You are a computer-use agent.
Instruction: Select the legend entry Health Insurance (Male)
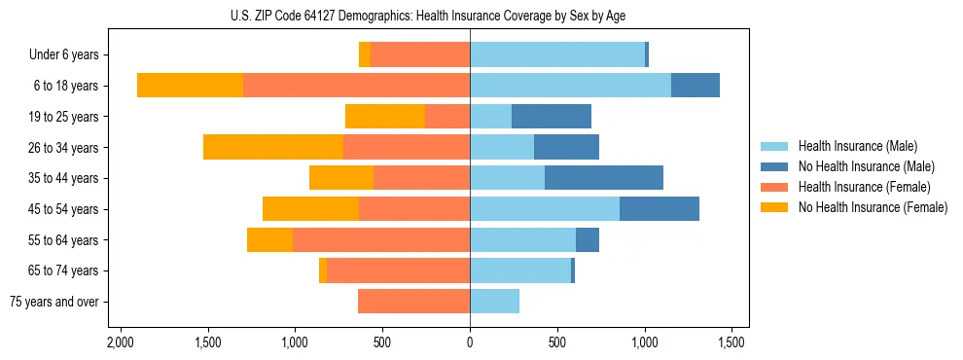pos(856,146)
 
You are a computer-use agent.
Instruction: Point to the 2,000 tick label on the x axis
pos(121,342)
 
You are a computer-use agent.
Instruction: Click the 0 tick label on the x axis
pos(470,342)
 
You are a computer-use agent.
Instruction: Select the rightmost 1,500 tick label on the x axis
pos(731,342)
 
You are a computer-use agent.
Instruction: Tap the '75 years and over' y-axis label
pos(53,302)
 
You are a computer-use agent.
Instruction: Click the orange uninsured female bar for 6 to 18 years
pos(190,86)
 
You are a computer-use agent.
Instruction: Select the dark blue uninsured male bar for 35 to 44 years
pos(604,178)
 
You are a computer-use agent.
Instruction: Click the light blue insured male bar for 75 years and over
pos(494,302)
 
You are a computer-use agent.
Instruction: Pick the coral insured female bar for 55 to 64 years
pos(381,239)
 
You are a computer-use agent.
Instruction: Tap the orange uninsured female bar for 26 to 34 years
pos(273,147)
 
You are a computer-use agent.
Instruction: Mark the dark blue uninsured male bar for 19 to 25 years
pos(552,117)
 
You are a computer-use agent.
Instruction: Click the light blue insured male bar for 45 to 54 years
pos(545,209)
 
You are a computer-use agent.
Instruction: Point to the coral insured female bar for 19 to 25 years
pos(447,117)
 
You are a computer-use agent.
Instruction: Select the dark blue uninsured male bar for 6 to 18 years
pos(695,86)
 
